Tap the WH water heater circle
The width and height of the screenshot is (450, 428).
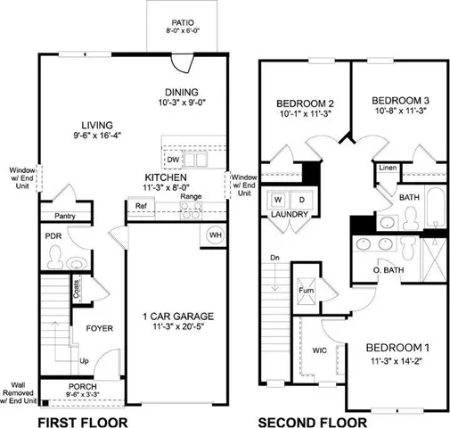point(216,235)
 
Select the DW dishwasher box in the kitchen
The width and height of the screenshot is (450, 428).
point(173,160)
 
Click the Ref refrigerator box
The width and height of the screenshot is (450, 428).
point(141,206)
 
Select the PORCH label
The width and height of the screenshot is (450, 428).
point(82,387)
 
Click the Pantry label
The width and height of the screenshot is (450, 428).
point(64,216)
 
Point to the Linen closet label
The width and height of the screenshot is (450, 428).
point(387,168)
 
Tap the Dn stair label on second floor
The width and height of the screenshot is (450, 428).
point(275,259)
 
